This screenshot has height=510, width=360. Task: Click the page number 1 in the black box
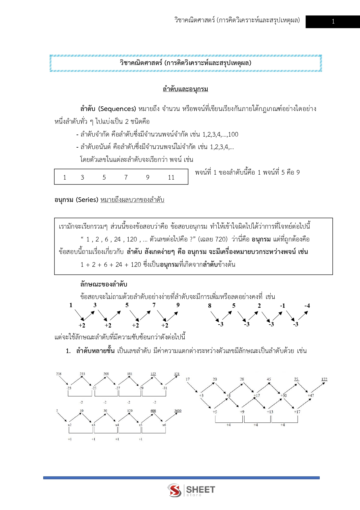click(x=333, y=22)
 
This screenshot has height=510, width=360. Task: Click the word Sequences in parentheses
click(x=117, y=109)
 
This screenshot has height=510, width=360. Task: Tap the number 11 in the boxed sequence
click(x=171, y=178)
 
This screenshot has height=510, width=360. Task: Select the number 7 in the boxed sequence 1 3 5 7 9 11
click(x=126, y=178)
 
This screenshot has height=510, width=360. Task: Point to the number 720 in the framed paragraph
click(x=221, y=239)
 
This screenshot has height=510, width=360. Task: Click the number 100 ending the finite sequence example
click(x=233, y=135)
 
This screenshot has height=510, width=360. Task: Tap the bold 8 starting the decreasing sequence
click(x=210, y=306)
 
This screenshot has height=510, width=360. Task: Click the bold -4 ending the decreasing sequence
click(x=307, y=306)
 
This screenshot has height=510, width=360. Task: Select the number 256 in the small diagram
click(x=59, y=374)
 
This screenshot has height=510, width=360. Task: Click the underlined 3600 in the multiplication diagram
click(x=178, y=411)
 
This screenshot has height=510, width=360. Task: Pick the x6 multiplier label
click(x=164, y=425)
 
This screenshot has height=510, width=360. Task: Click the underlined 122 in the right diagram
click(x=324, y=379)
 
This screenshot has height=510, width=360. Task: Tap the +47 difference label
click(x=311, y=396)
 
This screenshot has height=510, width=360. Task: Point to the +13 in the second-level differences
click(x=270, y=412)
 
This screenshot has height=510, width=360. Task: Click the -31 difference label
click(x=165, y=388)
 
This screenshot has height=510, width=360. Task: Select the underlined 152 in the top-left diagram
click(x=153, y=374)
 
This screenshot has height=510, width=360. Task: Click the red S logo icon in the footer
click(x=174, y=490)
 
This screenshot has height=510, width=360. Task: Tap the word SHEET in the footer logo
click(x=201, y=489)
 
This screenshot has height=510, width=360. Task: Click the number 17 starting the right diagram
click(x=188, y=379)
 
